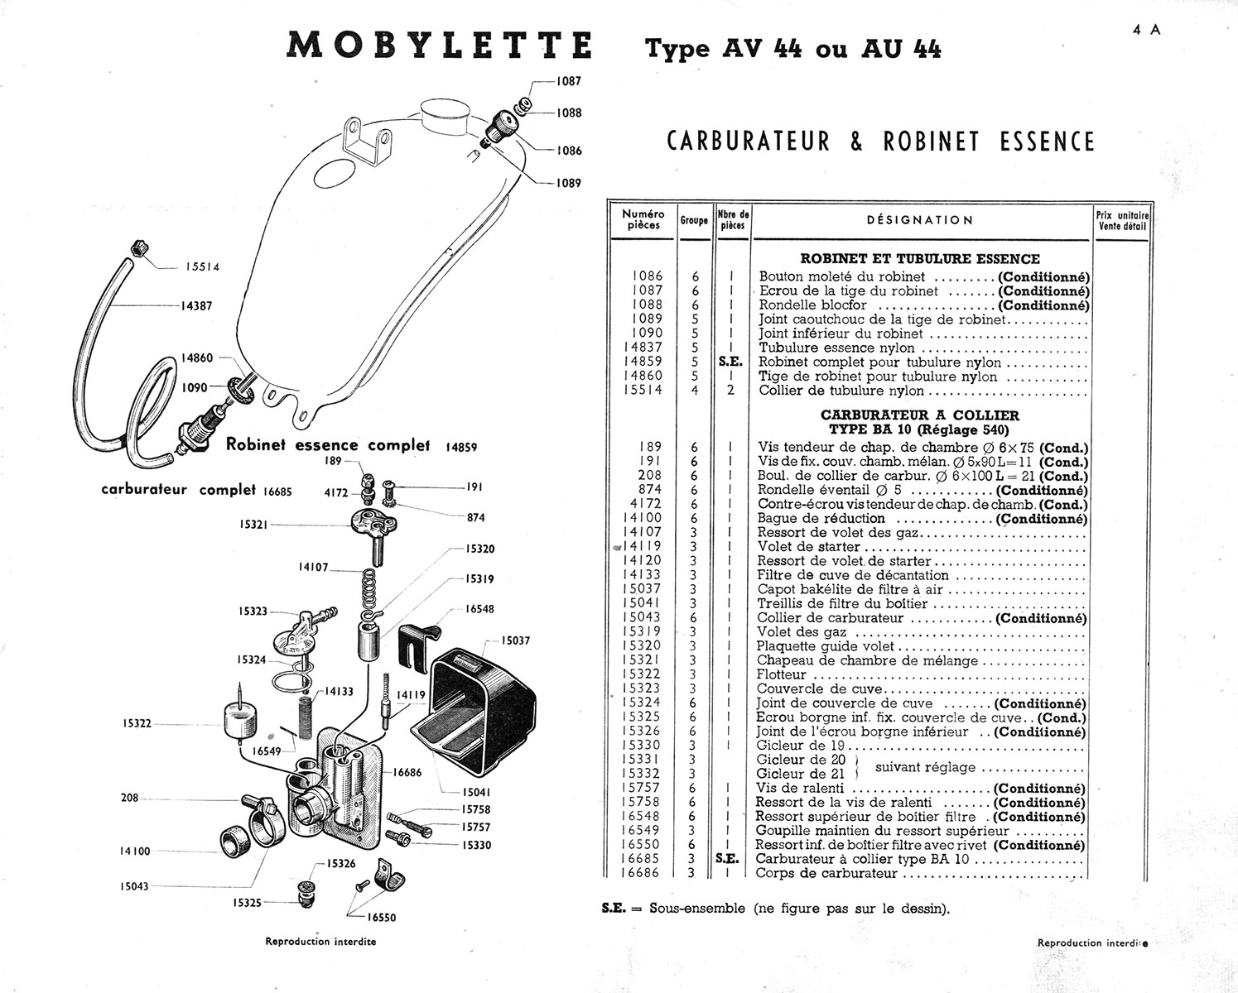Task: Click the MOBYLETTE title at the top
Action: tap(439, 46)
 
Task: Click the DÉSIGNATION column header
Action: tap(920, 220)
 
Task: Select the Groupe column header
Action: tap(694, 221)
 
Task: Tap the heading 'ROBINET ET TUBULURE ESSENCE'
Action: tap(920, 259)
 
